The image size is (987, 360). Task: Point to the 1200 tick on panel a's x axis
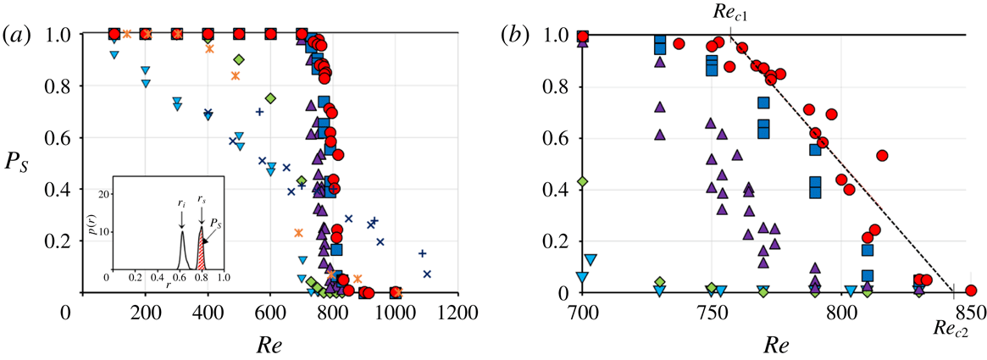pos(458,312)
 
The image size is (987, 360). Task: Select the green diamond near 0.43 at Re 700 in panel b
pos(582,181)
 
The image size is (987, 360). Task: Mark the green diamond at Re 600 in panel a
pos(270,98)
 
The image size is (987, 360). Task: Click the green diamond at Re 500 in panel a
pos(239,59)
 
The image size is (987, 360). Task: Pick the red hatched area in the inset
pos(204,258)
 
